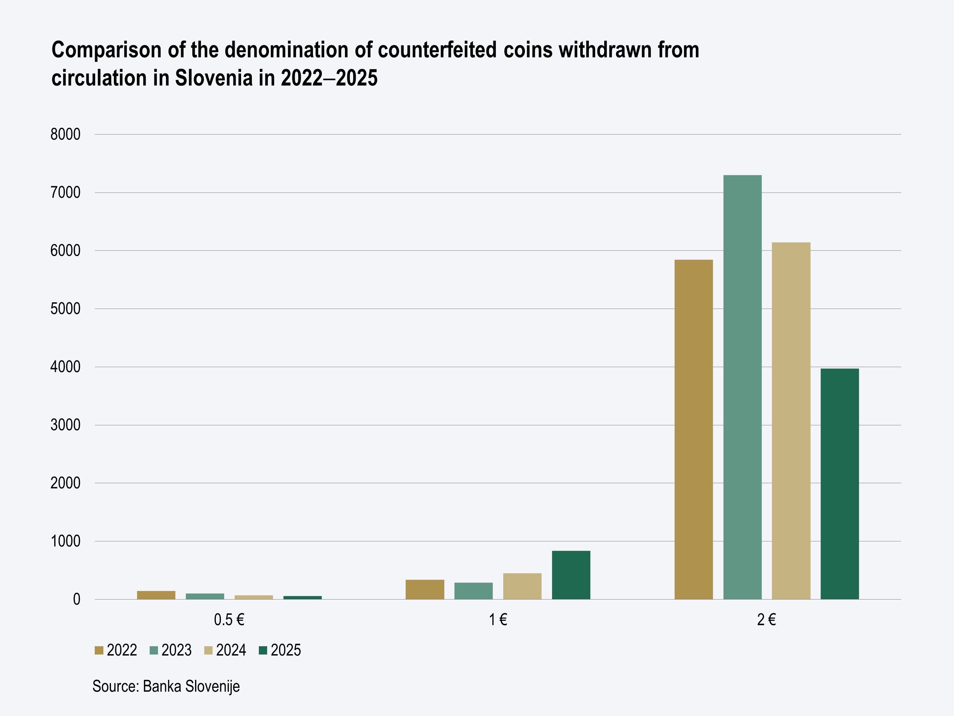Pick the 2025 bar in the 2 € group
pyautogui.click(x=840, y=483)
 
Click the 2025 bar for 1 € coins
pyautogui.click(x=571, y=575)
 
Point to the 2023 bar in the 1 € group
pyautogui.click(x=474, y=591)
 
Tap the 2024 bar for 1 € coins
pyautogui.click(x=522, y=586)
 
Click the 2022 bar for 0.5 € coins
pyautogui.click(x=156, y=595)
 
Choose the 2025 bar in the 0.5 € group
pyautogui.click(x=302, y=597)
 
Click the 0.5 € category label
pyautogui.click(x=229, y=620)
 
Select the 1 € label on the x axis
pyautogui.click(x=498, y=620)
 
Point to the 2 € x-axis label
pyautogui.click(x=766, y=620)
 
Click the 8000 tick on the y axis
pyautogui.click(x=65, y=135)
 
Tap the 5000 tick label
pyautogui.click(x=65, y=309)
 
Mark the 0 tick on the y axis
pyautogui.click(x=77, y=600)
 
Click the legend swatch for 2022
pyautogui.click(x=99, y=651)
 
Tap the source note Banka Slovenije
pyautogui.click(x=191, y=686)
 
